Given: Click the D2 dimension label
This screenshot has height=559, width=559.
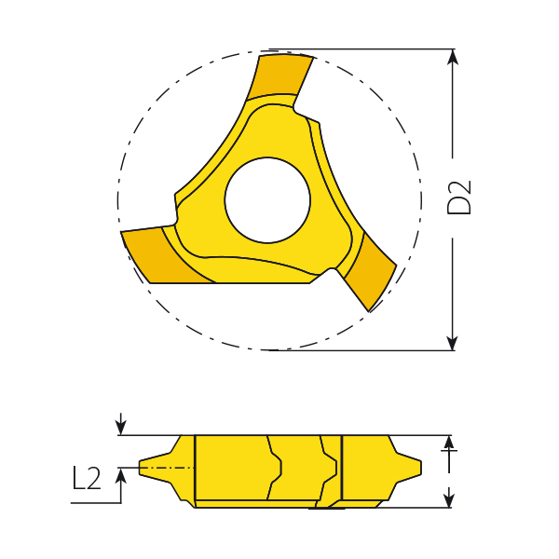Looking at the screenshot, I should [460, 197].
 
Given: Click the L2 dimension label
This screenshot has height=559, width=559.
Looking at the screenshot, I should [87, 478].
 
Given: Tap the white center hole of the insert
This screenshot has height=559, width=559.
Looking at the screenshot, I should [267, 200].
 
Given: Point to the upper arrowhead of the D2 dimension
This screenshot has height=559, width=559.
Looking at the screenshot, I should [453, 57].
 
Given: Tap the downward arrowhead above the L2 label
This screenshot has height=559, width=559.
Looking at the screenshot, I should [120, 428].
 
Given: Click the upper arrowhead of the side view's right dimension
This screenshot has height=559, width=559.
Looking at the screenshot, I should [450, 443].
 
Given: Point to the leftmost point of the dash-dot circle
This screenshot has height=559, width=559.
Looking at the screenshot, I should [118, 200].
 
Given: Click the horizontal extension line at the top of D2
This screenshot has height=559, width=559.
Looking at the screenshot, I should [373, 48].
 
